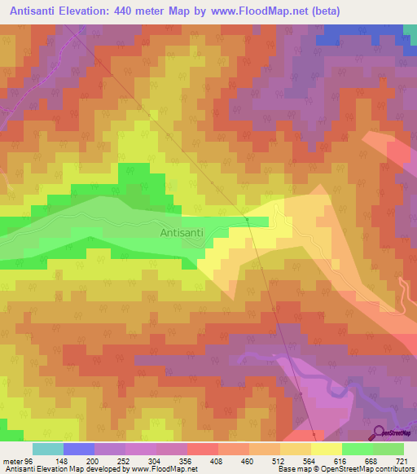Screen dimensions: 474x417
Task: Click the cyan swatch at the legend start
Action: pos(48,449)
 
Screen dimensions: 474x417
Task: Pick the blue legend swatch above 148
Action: pos(79,449)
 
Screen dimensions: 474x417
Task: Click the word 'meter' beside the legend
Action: pos(15,461)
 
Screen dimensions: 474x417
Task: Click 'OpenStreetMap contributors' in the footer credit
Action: pos(371,469)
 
